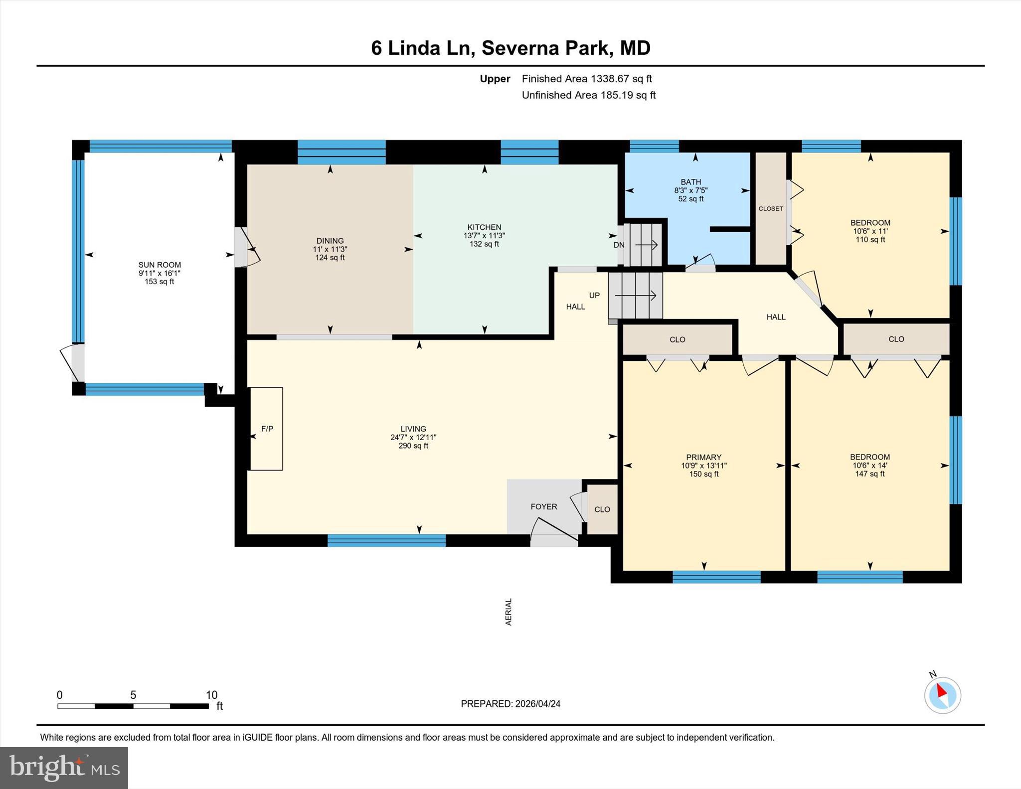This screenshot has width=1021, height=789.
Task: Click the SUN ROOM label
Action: tap(160, 265)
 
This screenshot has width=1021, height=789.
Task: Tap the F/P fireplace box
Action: tap(267, 429)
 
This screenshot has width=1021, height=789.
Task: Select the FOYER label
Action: tap(543, 506)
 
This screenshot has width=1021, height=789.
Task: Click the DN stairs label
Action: tap(619, 245)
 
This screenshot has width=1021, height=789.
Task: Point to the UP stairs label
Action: tap(594, 295)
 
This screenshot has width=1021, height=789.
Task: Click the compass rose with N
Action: tap(942, 695)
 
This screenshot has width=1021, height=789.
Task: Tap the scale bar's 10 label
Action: tap(211, 695)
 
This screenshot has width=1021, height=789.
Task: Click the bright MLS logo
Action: tap(64, 767)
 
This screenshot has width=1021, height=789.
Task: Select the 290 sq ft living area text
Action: tap(413, 446)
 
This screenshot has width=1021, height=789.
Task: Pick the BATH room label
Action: tap(690, 182)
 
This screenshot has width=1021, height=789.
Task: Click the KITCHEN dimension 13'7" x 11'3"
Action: tap(484, 235)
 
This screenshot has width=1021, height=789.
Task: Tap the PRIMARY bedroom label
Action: tap(703, 457)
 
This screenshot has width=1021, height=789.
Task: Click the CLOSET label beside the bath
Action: tap(771, 208)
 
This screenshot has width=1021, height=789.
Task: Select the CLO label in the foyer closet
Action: tap(602, 509)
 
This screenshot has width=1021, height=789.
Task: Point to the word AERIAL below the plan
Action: tap(509, 612)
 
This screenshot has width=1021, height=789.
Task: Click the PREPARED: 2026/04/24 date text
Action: tap(510, 704)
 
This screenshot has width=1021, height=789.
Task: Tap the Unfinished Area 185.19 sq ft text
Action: tap(588, 95)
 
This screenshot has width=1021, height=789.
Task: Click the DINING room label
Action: tap(330, 241)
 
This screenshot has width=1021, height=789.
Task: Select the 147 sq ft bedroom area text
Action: tap(870, 473)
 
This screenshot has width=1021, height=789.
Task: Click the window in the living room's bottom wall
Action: tap(386, 540)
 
